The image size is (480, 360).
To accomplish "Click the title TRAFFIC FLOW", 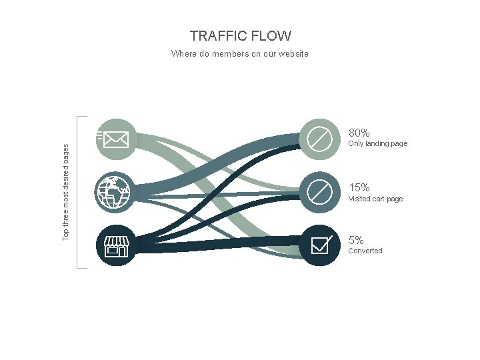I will pyautogui.click(x=240, y=36).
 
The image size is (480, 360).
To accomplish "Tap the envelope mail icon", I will pyautogui.click(x=116, y=139).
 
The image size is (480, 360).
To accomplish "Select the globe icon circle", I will pyautogui.click(x=116, y=193).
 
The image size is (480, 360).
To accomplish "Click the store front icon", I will pyautogui.click(x=117, y=246).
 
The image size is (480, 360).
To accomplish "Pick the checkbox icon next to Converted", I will pyautogui.click(x=320, y=245).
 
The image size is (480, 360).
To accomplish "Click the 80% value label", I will pyautogui.click(x=359, y=133).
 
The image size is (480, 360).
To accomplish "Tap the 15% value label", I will pyautogui.click(x=359, y=188).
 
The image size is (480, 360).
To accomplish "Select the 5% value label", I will pyautogui.click(x=356, y=241).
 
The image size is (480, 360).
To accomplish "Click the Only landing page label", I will pyautogui.click(x=377, y=144).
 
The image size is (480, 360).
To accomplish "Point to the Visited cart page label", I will pyautogui.click(x=375, y=199).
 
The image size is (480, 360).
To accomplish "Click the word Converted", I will pyautogui.click(x=365, y=251).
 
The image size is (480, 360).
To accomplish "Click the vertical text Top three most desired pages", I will pyautogui.click(x=65, y=193).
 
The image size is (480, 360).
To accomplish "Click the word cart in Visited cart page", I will pyautogui.click(x=379, y=199).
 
